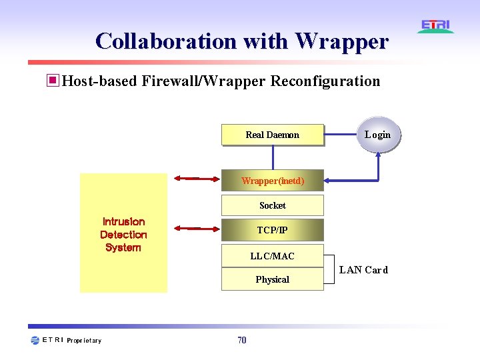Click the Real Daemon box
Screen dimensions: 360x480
pos(272,135)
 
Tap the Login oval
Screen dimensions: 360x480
pos(377,135)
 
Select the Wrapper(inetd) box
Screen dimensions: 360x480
pos(272,181)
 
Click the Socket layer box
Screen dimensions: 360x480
pos(272,205)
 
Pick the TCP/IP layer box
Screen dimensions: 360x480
pos(272,230)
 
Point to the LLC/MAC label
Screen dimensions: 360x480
pos(272,256)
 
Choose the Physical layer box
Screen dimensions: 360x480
pos(272,279)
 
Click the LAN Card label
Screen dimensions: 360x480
pos(363,270)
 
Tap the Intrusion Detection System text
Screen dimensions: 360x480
pos(123,234)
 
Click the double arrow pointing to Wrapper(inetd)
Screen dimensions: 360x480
pos(194,179)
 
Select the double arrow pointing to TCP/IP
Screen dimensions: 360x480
pos(194,229)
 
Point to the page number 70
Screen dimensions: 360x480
pos(241,341)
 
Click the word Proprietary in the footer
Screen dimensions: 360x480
pos(84,341)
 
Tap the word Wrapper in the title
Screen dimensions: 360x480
pos(341,41)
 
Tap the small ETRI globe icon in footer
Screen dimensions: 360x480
pos(35,341)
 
